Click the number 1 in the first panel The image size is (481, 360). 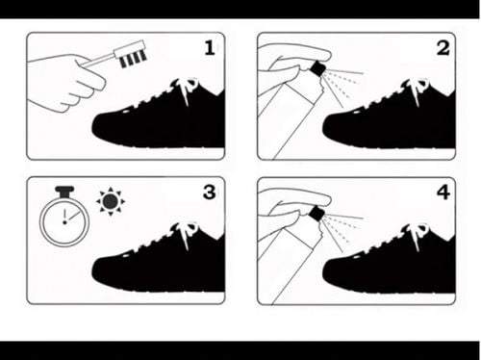point(210,48)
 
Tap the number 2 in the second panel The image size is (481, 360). point(443,48)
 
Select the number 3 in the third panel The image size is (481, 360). point(210,193)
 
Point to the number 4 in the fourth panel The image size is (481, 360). point(443,193)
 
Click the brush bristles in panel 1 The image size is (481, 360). point(134,60)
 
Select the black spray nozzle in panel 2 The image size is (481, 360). point(317,69)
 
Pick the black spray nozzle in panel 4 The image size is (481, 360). point(317,214)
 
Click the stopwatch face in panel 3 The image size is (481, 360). point(64,221)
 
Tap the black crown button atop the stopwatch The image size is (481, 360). point(64,192)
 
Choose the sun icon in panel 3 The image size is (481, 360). point(111,201)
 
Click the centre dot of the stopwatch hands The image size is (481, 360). point(64,222)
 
